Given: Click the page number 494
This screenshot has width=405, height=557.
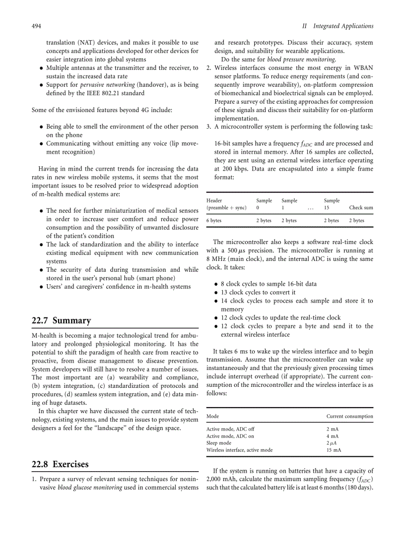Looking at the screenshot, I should (x=36, y=26).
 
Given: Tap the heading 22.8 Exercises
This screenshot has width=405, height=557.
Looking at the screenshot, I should (x=60, y=464).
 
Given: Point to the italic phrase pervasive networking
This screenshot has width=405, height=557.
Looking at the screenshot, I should (x=108, y=85).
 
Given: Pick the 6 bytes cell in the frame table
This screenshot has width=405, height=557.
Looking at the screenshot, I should (x=214, y=220).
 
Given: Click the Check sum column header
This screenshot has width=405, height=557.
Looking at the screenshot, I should (x=361, y=207).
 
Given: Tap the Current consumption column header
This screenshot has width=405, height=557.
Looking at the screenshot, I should (x=349, y=416).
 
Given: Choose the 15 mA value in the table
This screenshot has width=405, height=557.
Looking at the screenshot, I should (x=334, y=450).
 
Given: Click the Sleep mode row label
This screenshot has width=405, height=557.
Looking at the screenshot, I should (x=218, y=443).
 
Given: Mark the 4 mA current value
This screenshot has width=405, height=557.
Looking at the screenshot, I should (x=332, y=436).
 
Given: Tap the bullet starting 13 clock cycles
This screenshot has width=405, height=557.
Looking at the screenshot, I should (x=258, y=293).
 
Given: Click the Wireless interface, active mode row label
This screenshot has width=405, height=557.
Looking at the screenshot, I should (x=239, y=450).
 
